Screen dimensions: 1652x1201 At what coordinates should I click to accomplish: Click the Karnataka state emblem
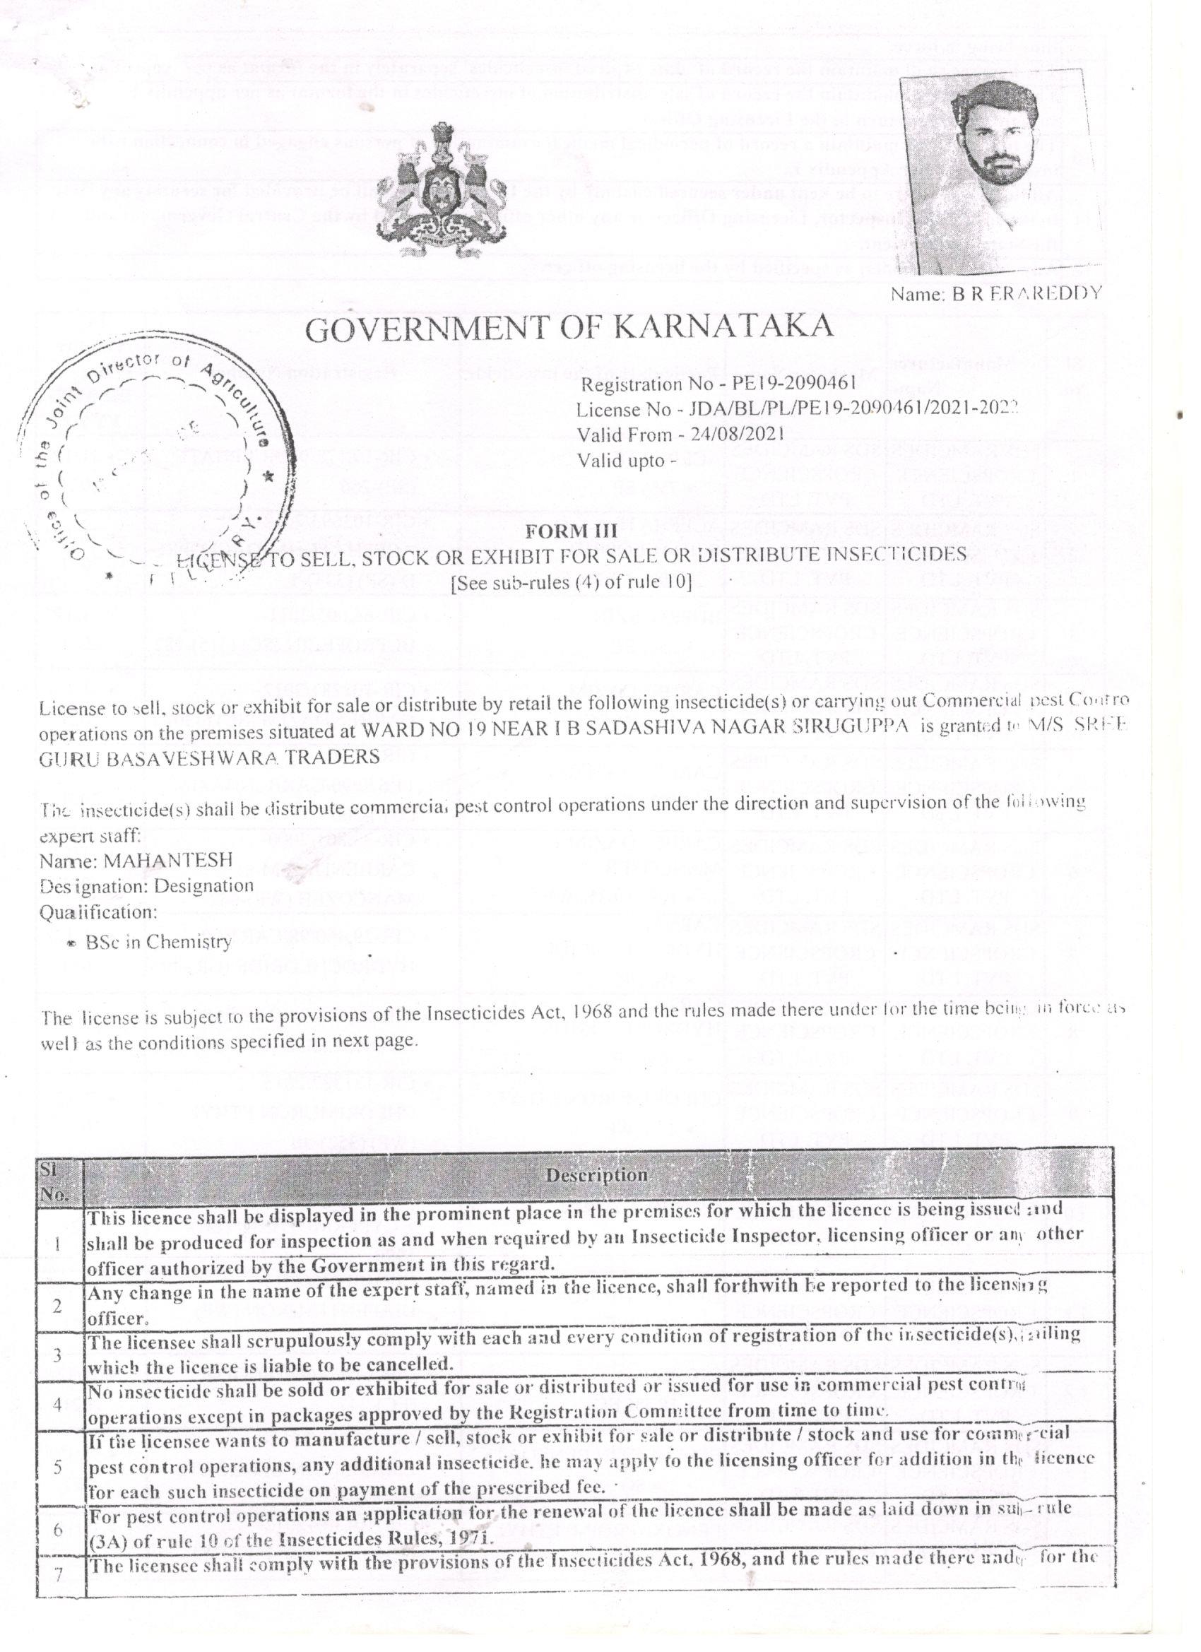point(442,191)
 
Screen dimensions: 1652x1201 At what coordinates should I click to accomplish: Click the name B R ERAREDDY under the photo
point(995,293)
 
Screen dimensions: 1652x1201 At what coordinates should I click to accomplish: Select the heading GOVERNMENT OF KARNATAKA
point(569,329)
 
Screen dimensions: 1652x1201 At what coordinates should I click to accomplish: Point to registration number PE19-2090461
point(798,384)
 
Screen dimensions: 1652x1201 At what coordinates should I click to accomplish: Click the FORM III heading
point(570,532)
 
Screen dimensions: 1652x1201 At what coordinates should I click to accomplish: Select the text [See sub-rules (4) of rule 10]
point(571,583)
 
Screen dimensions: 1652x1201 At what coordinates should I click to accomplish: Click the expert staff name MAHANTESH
point(167,860)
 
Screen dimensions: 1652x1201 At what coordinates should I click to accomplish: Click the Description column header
point(596,1175)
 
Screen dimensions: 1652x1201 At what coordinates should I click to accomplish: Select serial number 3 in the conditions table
point(57,1355)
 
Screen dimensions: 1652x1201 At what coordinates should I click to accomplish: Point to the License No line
point(796,409)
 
